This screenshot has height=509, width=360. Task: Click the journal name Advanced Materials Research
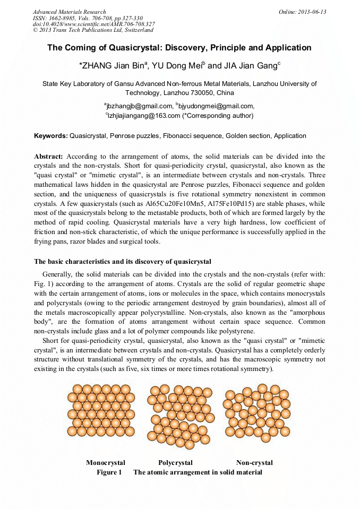[x=70, y=12]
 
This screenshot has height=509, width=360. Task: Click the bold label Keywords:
[x=51, y=136]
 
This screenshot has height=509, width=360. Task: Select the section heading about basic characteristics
[x=123, y=262]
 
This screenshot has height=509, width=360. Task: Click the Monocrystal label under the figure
[x=106, y=463]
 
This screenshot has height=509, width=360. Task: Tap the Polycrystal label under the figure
[x=175, y=463]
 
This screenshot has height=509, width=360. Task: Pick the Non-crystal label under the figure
[x=254, y=463]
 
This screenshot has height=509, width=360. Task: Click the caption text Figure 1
[x=109, y=472]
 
